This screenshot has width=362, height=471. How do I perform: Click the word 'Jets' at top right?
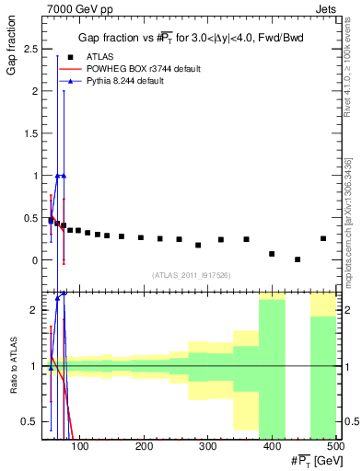coord(327,8)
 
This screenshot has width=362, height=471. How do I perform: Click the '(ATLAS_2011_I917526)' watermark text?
coord(192,275)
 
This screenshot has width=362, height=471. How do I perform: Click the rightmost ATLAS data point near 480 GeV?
coord(323,238)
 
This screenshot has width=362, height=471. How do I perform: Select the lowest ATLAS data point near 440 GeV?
coord(298,259)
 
